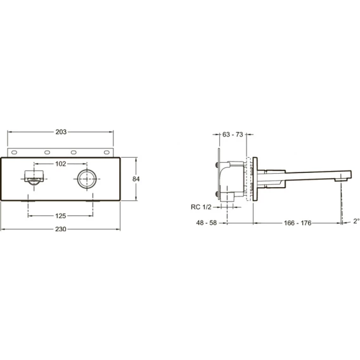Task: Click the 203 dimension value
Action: pyautogui.click(x=61, y=132)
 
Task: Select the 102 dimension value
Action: pyautogui.click(x=61, y=164)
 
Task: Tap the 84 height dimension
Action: pyautogui.click(x=136, y=179)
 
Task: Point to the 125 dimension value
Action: pyautogui.click(x=61, y=216)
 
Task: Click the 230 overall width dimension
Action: pyautogui.click(x=61, y=229)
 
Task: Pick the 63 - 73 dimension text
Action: pyautogui.click(x=233, y=134)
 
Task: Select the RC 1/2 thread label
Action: pyautogui.click(x=201, y=207)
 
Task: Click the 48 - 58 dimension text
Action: pyautogui.click(x=207, y=222)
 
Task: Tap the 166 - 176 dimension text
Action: pyautogui.click(x=297, y=223)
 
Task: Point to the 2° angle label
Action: pyautogui.click(x=356, y=221)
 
